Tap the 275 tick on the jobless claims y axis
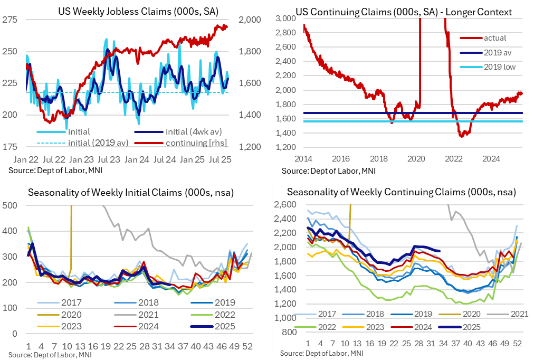10,20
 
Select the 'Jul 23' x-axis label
108,158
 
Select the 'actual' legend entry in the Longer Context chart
495,38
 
